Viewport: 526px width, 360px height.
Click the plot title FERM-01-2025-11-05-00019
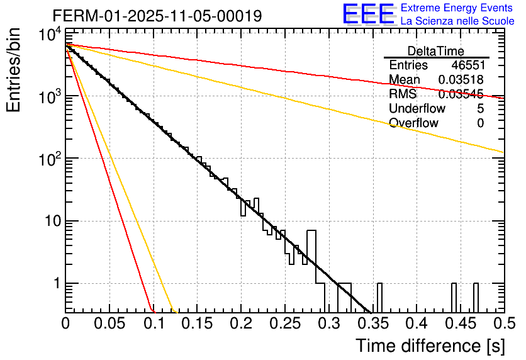pyautogui.click(x=157, y=14)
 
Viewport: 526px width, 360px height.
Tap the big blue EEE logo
pyautogui.click(x=367, y=14)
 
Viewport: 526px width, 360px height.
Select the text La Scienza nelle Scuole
pyautogui.click(x=457, y=21)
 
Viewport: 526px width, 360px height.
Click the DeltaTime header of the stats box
pyautogui.click(x=436, y=51)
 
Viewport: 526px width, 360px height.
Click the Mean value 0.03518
pyautogui.click(x=461, y=80)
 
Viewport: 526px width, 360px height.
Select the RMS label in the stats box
pyautogui.click(x=403, y=94)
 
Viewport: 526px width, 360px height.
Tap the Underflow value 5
pyautogui.click(x=480, y=109)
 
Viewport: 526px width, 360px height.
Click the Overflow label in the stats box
pyautogui.click(x=413, y=123)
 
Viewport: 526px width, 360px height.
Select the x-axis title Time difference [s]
pyautogui.click(x=429, y=346)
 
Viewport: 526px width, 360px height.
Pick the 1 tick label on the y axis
pyautogui.click(x=55, y=284)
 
